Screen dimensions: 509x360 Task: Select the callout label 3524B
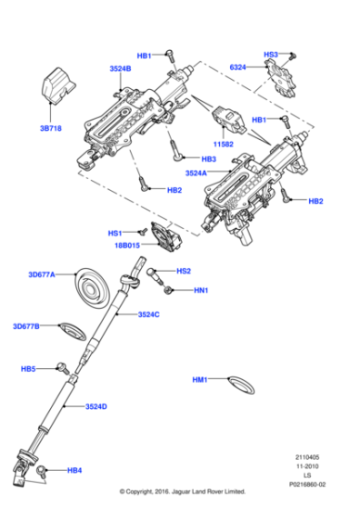click(x=120, y=68)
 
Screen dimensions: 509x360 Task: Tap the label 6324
click(x=237, y=67)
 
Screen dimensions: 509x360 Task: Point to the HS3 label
click(x=270, y=55)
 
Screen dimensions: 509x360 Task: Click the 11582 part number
click(x=224, y=144)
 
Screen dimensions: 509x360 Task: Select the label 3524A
click(x=196, y=173)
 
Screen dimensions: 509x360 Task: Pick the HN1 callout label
click(x=201, y=291)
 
